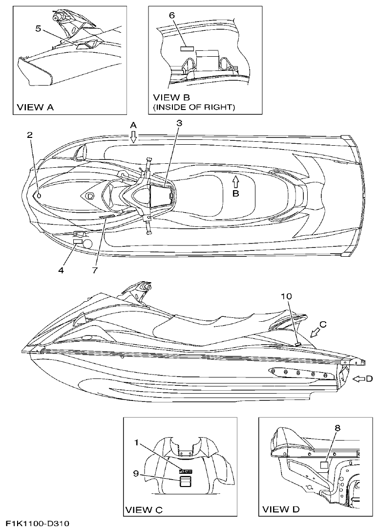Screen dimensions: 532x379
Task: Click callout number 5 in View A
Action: (38, 28)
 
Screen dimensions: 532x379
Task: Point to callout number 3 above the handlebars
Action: (179, 124)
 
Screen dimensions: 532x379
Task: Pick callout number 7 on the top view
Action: (96, 269)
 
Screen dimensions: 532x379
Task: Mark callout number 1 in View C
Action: (138, 443)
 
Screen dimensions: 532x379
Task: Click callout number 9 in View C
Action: (138, 473)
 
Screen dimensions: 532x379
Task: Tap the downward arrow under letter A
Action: (133, 138)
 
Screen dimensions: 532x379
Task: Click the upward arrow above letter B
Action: (235, 181)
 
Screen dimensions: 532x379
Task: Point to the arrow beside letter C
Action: (316, 332)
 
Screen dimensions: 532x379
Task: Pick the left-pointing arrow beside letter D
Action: (359, 378)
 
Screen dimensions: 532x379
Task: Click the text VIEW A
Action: (36, 107)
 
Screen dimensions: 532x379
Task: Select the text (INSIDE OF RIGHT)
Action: (194, 107)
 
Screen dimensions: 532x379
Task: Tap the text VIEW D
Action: (281, 510)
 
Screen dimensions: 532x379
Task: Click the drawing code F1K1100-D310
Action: (38, 524)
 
